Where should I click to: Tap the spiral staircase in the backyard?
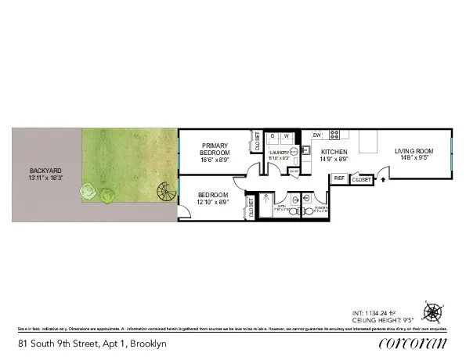[x=166, y=190]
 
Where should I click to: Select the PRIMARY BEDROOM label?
[x=215, y=149]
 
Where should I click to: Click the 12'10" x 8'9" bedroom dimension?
[x=213, y=202]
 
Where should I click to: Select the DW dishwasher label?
[x=317, y=135]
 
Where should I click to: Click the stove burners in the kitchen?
[x=334, y=134]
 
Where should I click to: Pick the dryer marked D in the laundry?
[x=273, y=136]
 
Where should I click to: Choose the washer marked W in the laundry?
[x=286, y=136]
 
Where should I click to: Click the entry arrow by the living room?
[x=383, y=179]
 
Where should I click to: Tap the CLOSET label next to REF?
[x=361, y=180]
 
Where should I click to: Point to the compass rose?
[x=432, y=313]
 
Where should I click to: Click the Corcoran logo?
[x=413, y=343]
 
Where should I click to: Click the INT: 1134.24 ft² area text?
[x=399, y=312]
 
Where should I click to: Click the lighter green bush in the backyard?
[x=89, y=190]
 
